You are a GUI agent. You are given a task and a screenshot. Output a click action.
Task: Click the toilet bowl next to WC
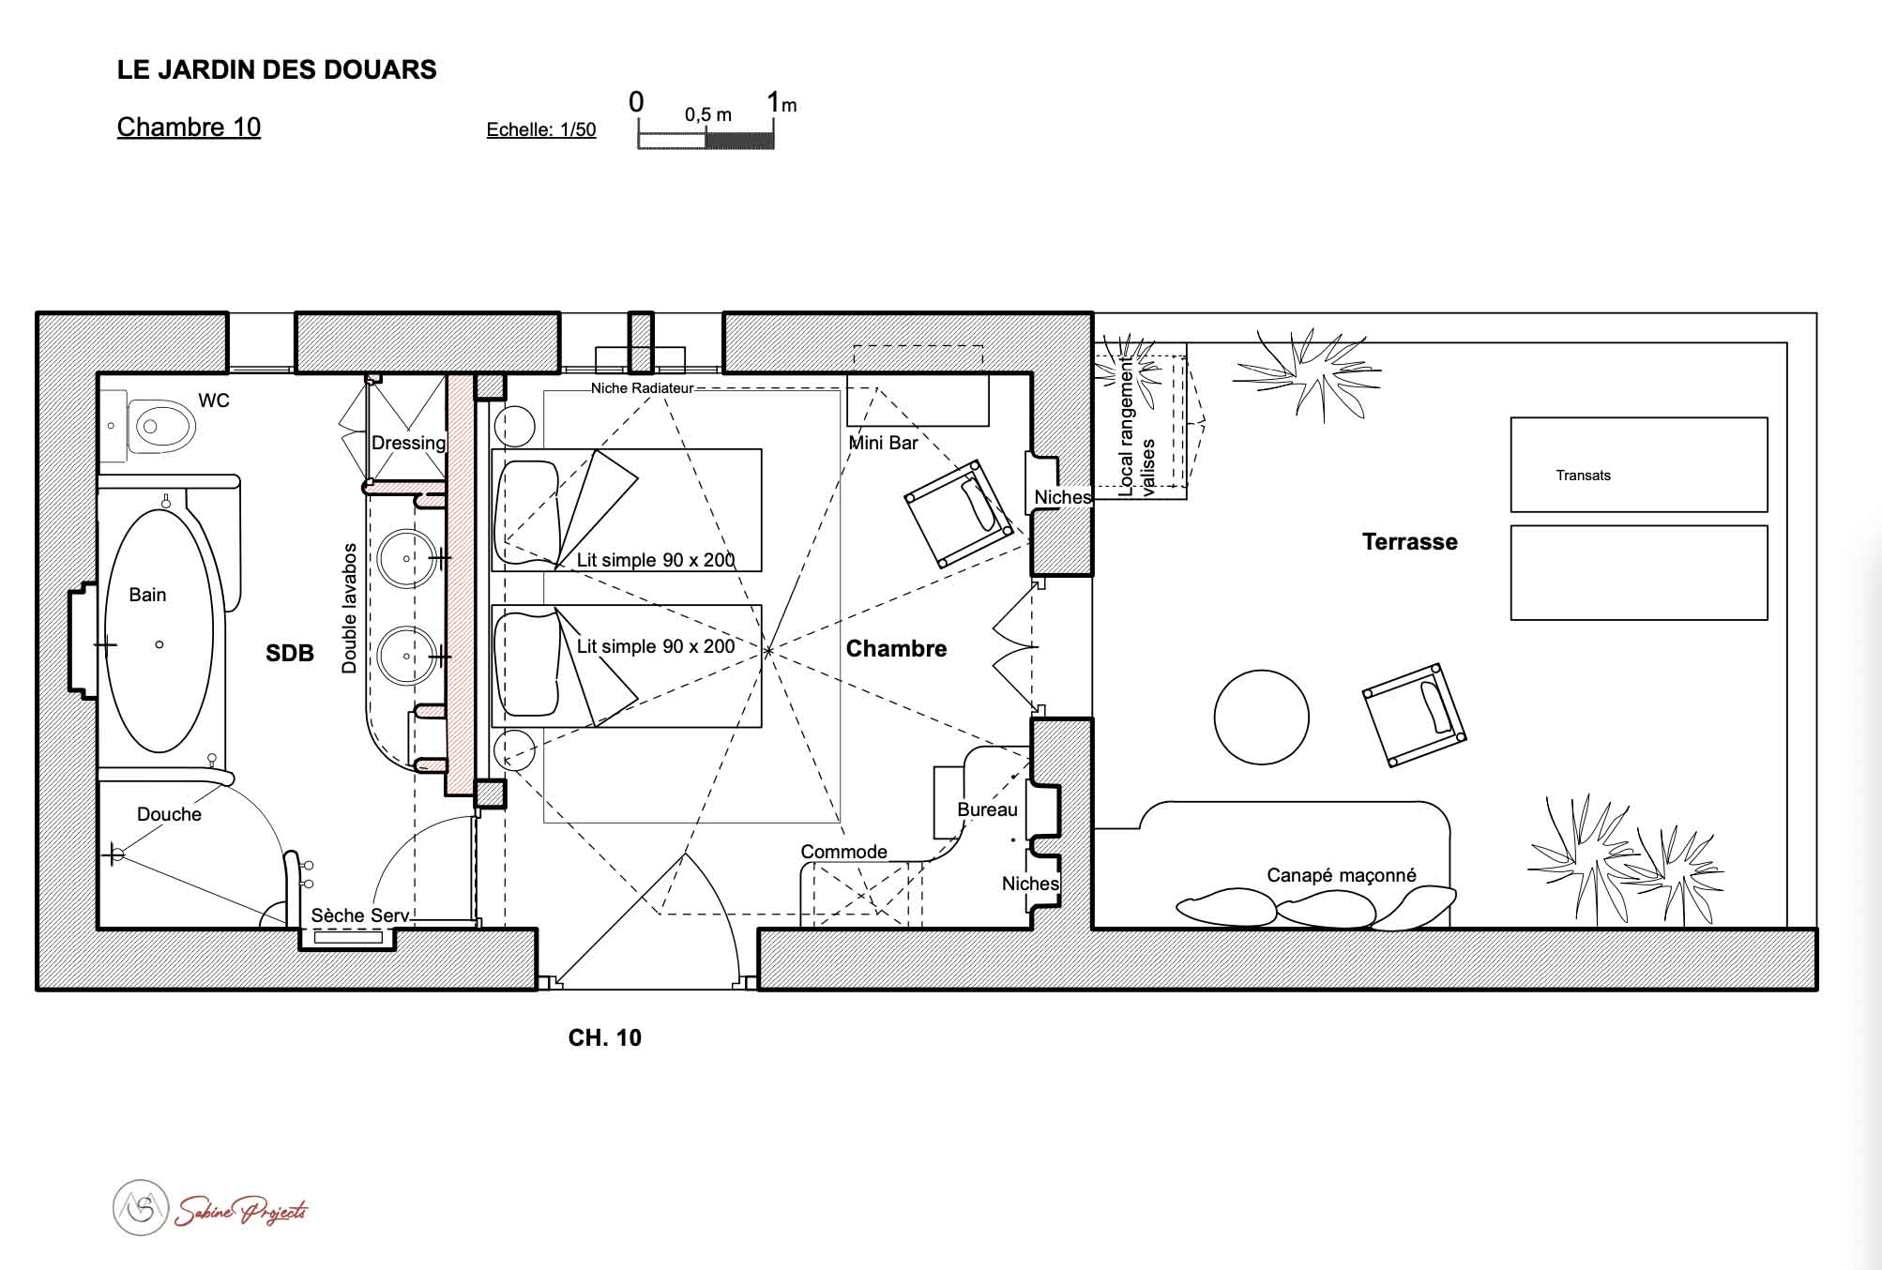pyautogui.click(x=160, y=428)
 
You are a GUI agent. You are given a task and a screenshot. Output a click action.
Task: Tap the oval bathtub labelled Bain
pyautogui.click(x=159, y=631)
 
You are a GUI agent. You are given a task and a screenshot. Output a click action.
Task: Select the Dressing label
pyautogui.click(x=408, y=444)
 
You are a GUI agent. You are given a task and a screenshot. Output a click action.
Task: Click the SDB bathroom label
pyautogui.click(x=289, y=654)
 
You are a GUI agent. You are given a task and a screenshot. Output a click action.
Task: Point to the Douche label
pyautogui.click(x=169, y=814)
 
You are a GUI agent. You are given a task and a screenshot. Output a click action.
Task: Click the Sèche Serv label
pyautogui.click(x=360, y=915)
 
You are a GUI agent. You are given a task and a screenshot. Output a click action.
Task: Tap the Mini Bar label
pyautogui.click(x=883, y=443)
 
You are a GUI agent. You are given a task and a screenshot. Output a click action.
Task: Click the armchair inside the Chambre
pyautogui.click(x=959, y=512)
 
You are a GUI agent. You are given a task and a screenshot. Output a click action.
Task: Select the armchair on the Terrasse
pyautogui.click(x=1414, y=715)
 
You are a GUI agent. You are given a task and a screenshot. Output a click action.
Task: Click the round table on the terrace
pyautogui.click(x=1261, y=718)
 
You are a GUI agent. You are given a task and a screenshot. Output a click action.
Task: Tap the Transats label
pyautogui.click(x=1583, y=476)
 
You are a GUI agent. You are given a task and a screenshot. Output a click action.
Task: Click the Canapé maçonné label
pyautogui.click(x=1341, y=875)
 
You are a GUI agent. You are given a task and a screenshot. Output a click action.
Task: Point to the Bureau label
pyautogui.click(x=987, y=809)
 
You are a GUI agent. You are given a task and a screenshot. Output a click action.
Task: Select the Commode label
pyautogui.click(x=843, y=852)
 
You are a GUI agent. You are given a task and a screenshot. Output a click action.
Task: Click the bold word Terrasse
pyautogui.click(x=1410, y=542)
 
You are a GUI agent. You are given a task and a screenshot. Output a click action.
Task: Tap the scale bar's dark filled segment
pyautogui.click(x=739, y=140)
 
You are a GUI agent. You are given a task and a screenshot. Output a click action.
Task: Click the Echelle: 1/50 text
pyautogui.click(x=541, y=130)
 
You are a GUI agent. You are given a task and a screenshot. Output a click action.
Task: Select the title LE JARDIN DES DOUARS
pyautogui.click(x=277, y=70)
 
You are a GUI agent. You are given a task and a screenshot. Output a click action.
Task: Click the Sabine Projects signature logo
pyautogui.click(x=210, y=1208)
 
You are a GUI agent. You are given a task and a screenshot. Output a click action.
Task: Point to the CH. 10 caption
pyautogui.click(x=605, y=1037)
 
